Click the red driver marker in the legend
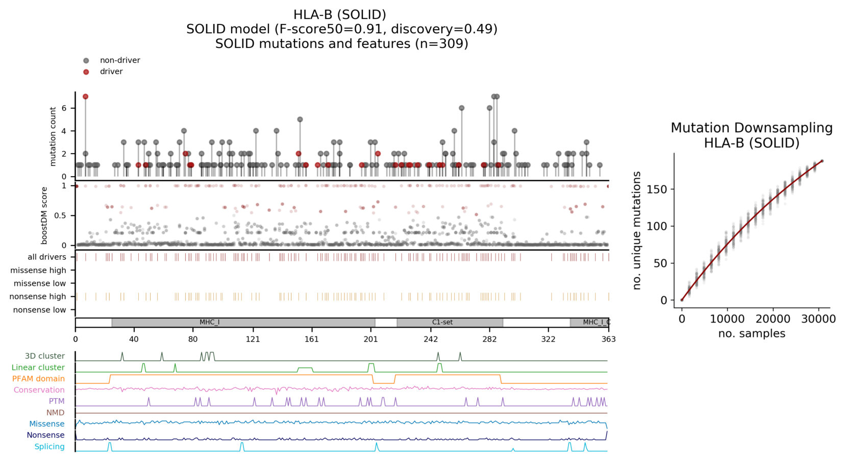click(x=86, y=72)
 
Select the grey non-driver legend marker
click(x=86, y=61)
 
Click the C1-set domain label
click(x=442, y=323)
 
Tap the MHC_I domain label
click(x=209, y=323)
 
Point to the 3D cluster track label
click(x=45, y=356)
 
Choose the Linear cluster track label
click(x=38, y=368)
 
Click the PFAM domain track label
click(x=38, y=379)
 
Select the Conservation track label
click(x=39, y=390)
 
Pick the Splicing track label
click(x=49, y=447)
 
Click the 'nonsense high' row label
click(x=38, y=297)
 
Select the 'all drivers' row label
click(x=47, y=257)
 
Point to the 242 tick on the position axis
click(x=431, y=339)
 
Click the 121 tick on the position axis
click(x=253, y=339)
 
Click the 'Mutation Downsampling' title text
click(x=752, y=128)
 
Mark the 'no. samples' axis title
click(x=752, y=334)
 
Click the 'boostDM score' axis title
click(x=44, y=215)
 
